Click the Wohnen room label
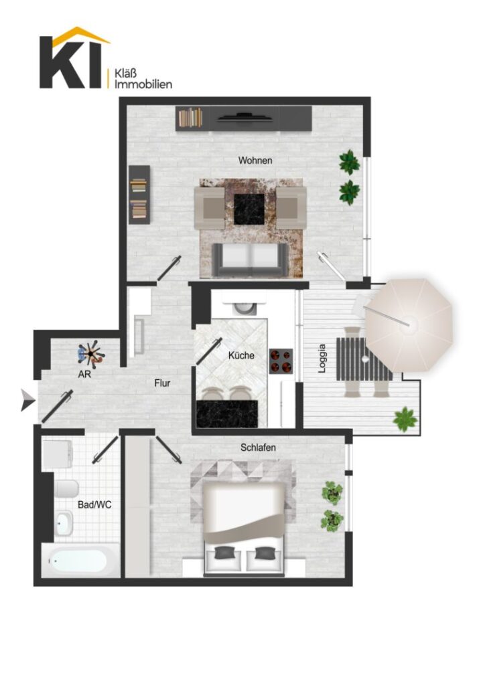tap(255, 161)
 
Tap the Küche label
tap(241, 355)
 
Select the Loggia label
tap(322, 359)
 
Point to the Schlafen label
tap(258, 448)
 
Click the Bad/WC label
tap(94, 504)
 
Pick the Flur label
tap(162, 383)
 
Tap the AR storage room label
tap(84, 374)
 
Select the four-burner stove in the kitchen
tap(280, 361)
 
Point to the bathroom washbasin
tap(64, 522)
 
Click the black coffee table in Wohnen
tap(249, 209)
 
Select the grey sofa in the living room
tap(250, 260)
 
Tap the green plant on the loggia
tap(405, 419)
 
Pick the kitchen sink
tap(244, 308)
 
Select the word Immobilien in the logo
tap(143, 84)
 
